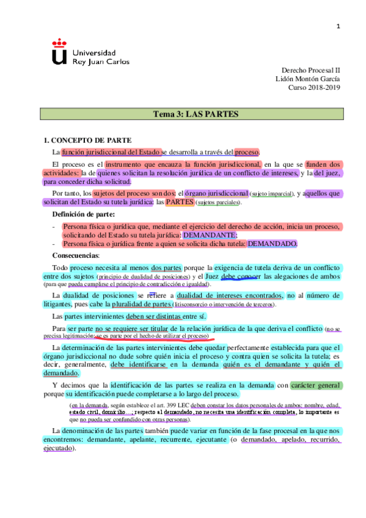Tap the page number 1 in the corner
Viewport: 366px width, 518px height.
pyautogui.click(x=338, y=26)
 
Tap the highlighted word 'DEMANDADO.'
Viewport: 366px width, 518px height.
pyautogui.click(x=272, y=244)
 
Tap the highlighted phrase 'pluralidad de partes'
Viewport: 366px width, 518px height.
pyautogui.click(x=143, y=304)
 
